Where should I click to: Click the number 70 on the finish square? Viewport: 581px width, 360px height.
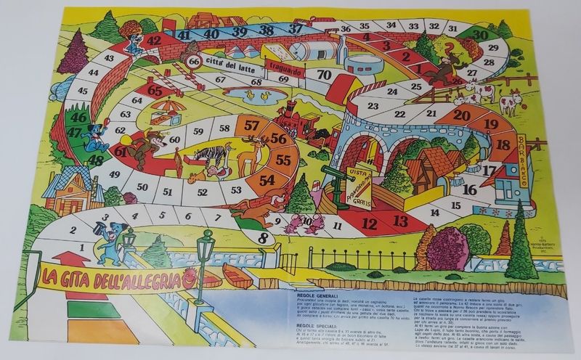coord(325,75)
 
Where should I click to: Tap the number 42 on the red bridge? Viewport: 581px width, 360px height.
coord(153,41)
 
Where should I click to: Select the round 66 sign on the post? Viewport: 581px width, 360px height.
coord(194,62)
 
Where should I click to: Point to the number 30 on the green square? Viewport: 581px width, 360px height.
coord(479,35)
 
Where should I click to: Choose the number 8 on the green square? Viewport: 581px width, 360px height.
coord(263,235)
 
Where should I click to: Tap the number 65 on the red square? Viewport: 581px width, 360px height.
coord(154,90)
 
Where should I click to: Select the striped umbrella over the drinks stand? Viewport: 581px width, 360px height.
coord(168,107)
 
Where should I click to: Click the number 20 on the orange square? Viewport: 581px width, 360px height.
coord(462,114)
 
